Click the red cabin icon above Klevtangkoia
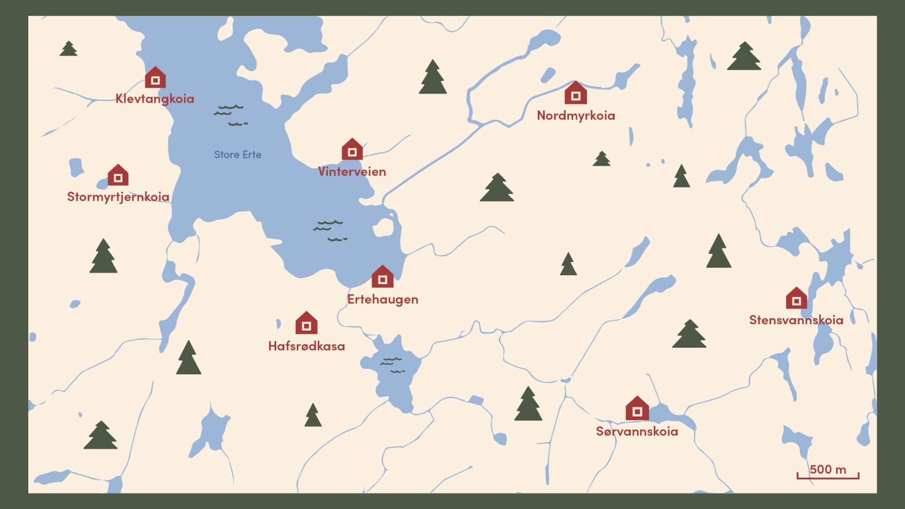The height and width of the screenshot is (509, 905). pos(155,78)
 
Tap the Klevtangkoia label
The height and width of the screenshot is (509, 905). pos(155,99)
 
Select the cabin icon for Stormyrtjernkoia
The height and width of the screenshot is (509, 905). pos(118,175)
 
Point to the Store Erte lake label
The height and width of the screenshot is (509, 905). pos(238,155)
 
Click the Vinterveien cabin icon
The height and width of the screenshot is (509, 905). pos(352,150)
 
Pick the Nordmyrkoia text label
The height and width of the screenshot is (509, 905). pos(576,115)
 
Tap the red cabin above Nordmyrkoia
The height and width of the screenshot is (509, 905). pos(576,93)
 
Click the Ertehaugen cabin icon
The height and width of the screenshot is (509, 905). pos(382,277)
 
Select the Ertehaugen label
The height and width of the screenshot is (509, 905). pos(383,299)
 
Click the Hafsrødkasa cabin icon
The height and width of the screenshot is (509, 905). pos(306,323)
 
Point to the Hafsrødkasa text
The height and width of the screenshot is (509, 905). pos(306,346)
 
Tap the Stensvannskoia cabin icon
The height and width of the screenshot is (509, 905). pos(796,299)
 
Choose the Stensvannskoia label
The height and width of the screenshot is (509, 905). pos(796,320)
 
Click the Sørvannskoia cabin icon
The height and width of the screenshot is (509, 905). pos(637,409)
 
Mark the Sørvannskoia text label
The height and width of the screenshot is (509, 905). pos(637,431)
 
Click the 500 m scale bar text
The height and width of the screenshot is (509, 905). pos(828,469)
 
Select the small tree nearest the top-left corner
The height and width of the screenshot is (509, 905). pos(68,49)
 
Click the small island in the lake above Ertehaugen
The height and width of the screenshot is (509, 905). pos(383,228)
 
